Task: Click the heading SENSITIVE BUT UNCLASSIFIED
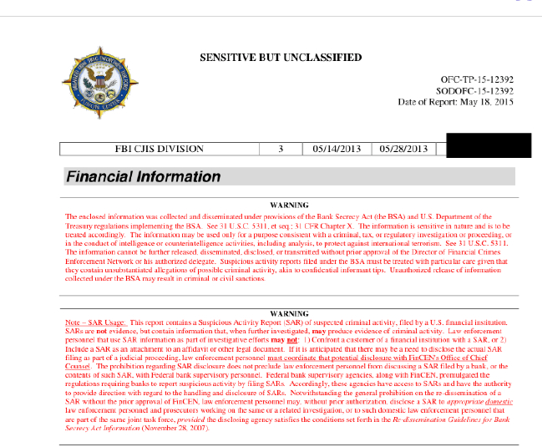pyautogui.click(x=281, y=58)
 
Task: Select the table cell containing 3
pyautogui.click(x=281, y=150)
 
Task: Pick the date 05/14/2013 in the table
pyautogui.click(x=336, y=150)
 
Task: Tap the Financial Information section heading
pyautogui.click(x=144, y=177)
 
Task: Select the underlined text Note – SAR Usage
pyautogui.click(x=95, y=323)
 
